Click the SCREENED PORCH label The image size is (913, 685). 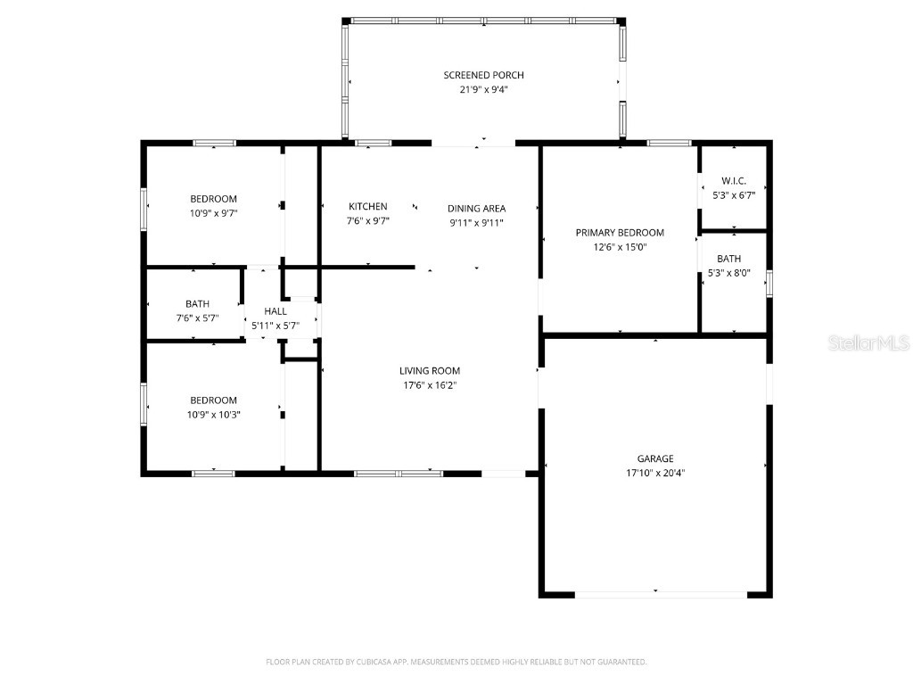coord(481,75)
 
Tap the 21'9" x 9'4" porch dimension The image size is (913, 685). coord(481,89)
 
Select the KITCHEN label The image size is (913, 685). coord(368,206)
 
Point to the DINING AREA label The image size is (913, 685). coord(476,209)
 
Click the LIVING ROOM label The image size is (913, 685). coord(429,370)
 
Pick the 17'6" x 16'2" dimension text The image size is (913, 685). coord(429,385)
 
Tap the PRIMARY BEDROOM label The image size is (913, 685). coord(620,233)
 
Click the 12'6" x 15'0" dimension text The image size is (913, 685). coord(620,247)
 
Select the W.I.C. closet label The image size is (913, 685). coord(734,181)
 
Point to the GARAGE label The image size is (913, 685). coord(655,458)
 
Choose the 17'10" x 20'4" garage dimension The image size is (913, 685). coord(655,473)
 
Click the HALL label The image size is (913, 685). coord(276,311)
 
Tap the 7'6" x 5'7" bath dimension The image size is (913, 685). coord(198,318)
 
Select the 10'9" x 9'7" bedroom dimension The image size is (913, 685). coord(213,213)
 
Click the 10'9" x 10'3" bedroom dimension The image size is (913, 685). coord(213,415)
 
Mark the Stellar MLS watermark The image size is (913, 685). coord(868,342)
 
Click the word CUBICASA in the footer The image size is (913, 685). coord(361,662)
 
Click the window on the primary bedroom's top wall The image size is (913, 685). coord(669,143)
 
